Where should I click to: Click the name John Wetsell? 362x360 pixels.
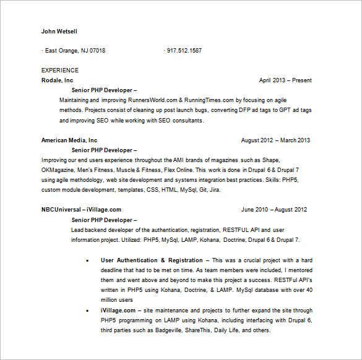(59, 32)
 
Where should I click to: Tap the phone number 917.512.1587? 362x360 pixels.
(184, 51)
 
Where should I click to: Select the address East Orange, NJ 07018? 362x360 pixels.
(75, 51)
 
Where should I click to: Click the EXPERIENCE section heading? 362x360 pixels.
(60, 71)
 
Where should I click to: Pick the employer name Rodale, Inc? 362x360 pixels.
(57, 80)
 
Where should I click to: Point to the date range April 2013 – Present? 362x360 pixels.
(285, 80)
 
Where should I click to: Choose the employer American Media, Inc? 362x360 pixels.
(69, 140)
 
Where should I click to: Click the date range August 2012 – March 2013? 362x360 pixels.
(275, 140)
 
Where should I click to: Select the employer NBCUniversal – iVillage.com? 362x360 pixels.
(81, 210)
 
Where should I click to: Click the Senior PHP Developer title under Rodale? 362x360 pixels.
(104, 90)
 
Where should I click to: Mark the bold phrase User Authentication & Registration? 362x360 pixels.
(152, 260)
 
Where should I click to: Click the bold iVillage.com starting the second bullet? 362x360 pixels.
(118, 310)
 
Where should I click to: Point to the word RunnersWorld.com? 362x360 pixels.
(154, 100)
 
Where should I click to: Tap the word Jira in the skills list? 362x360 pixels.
(213, 190)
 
